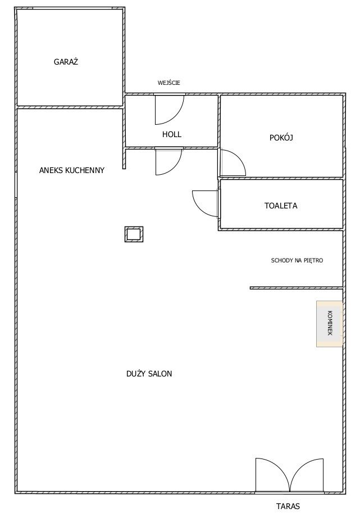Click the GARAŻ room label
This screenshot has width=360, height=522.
66,62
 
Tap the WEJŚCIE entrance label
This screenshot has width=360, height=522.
168,83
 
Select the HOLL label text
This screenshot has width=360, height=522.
172,134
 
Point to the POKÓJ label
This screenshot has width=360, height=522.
281,137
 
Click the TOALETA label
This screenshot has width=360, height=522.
281,206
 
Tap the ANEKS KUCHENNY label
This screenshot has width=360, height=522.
72,170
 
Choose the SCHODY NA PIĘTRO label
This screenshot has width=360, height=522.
297,260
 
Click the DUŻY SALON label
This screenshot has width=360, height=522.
149,374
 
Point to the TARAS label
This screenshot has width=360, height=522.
288,506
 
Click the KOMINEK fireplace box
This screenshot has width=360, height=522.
329,324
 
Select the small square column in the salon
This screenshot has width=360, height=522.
134,234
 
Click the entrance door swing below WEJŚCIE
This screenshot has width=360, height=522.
170,110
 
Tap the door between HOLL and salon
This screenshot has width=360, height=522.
168,162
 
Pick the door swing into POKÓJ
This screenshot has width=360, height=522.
233,162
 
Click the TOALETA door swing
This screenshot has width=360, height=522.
206,203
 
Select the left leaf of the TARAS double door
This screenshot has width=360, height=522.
273,475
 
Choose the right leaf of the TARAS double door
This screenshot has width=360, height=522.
307,475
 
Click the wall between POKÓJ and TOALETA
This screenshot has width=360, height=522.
281,178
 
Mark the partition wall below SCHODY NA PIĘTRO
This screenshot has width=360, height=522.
297,288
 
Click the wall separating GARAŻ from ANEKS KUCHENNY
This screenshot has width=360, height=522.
70,107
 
